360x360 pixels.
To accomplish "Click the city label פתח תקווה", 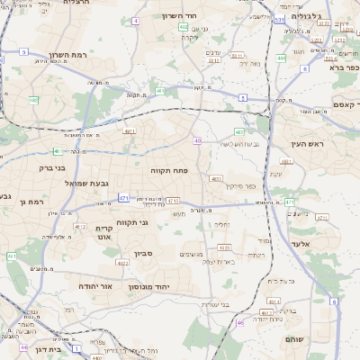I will click(168, 169).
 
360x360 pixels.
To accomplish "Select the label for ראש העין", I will click(306, 144).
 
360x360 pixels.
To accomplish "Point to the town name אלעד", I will click(301, 243).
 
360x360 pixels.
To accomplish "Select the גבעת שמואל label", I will click(86, 184).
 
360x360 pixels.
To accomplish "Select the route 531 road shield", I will click(280, 18).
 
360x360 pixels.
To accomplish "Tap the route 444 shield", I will click(281, 58).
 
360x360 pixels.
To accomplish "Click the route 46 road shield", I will click(239, 323).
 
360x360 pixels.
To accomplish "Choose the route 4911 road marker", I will click(130, 131).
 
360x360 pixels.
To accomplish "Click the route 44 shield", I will click(24, 347).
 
